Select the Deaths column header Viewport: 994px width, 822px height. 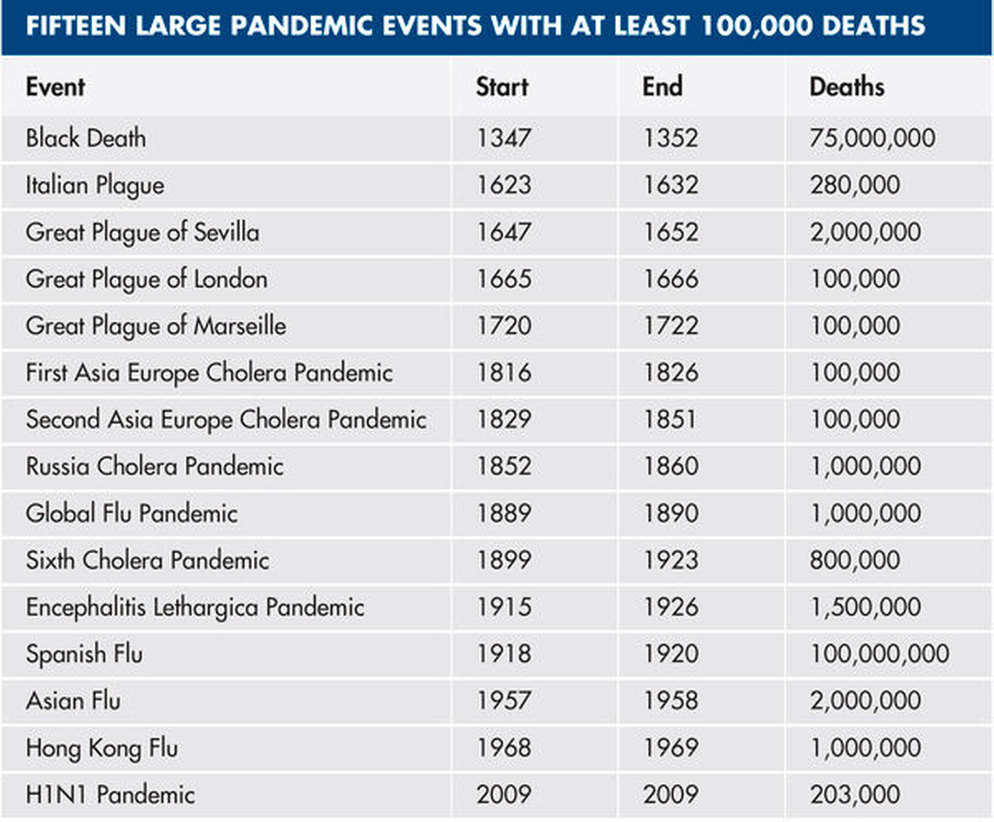pyautogui.click(x=846, y=87)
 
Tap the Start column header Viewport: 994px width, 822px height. pyautogui.click(x=502, y=87)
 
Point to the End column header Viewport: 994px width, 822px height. pyautogui.click(x=662, y=87)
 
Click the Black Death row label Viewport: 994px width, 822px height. pyautogui.click(x=86, y=138)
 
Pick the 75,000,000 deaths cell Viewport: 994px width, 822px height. pyautogui.click(x=872, y=138)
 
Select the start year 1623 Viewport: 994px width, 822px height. pyautogui.click(x=504, y=185)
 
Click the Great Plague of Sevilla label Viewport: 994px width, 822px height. pyautogui.click(x=142, y=232)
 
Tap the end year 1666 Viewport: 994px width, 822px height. pyautogui.click(x=670, y=279)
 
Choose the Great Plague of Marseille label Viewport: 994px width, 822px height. pyautogui.click(x=156, y=325)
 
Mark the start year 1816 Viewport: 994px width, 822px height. pyautogui.click(x=504, y=373)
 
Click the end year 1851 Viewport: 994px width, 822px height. pyautogui.click(x=670, y=419)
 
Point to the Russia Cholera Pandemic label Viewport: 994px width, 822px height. pyautogui.click(x=155, y=466)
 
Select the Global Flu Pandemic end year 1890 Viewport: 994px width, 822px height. pyautogui.click(x=670, y=513)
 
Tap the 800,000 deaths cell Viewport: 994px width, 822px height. pyautogui.click(x=855, y=560)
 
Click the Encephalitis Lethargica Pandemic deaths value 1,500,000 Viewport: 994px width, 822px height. pyautogui.click(x=865, y=607)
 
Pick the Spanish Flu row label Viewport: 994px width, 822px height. pyautogui.click(x=84, y=654)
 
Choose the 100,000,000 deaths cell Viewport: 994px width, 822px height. pyautogui.click(x=879, y=654)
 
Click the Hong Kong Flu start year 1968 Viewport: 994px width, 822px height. pyautogui.click(x=504, y=747)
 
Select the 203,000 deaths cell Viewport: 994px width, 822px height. pyautogui.click(x=855, y=794)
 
